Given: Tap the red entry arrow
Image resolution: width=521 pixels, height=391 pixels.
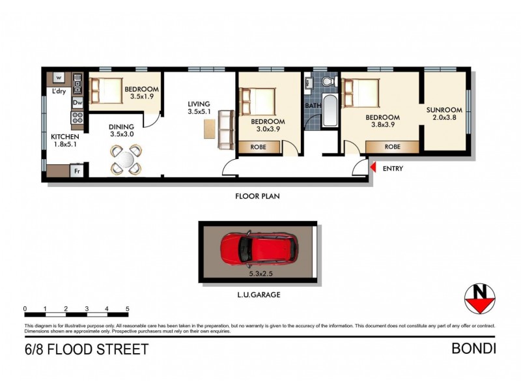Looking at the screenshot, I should coord(373,169).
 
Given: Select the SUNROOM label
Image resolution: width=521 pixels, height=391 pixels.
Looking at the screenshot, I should coord(444,110).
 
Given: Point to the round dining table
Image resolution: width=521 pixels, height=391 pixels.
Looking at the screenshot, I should coord(126,158).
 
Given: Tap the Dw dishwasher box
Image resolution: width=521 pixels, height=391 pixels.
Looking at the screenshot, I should coord(77,103).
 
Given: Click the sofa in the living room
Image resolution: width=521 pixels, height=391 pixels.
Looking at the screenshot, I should coord(226,128).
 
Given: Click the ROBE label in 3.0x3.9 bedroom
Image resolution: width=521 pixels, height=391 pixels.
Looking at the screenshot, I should coord(259,148).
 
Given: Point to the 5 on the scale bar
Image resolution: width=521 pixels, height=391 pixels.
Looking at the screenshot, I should coord(127,308).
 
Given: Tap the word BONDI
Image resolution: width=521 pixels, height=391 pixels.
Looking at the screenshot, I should coord(473,349).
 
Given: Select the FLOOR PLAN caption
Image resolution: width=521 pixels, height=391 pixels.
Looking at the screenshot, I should coord(258,195).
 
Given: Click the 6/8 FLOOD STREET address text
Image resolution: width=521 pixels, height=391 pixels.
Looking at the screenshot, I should coord(86,349).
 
